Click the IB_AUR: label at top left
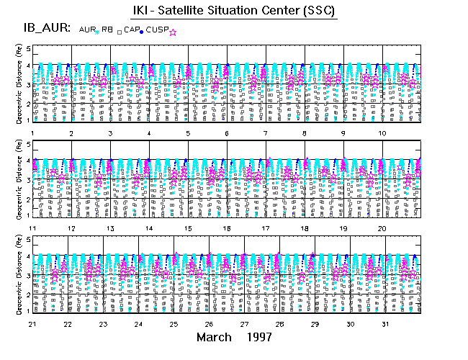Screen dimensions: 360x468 [x=45, y=28]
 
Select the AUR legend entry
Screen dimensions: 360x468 [x=87, y=28]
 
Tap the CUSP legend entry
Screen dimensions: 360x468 [x=157, y=28]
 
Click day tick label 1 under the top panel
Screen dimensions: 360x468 [x=33, y=133]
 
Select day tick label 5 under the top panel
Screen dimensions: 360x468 [x=188, y=133]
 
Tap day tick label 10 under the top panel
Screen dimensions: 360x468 [x=382, y=133]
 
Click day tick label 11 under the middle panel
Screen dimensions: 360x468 [x=32, y=228]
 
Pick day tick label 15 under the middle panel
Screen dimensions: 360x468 [x=188, y=228]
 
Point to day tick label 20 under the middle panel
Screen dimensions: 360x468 [x=382, y=228]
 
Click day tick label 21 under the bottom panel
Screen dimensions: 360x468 [x=32, y=324]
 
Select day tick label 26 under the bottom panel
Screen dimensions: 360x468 [x=209, y=324]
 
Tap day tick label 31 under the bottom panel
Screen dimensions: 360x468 [x=387, y=324]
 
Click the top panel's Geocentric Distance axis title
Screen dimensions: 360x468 [x=18, y=85]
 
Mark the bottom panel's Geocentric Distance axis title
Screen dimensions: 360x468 [x=18, y=277]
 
